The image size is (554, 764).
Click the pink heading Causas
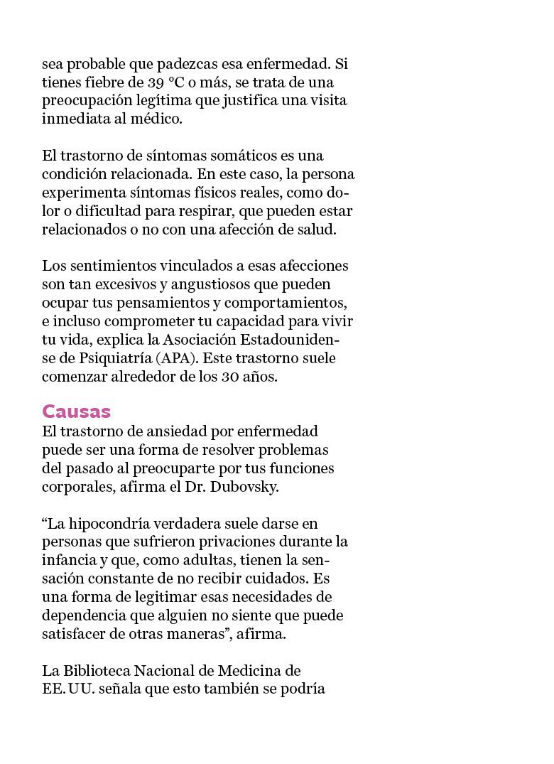(x=76, y=411)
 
